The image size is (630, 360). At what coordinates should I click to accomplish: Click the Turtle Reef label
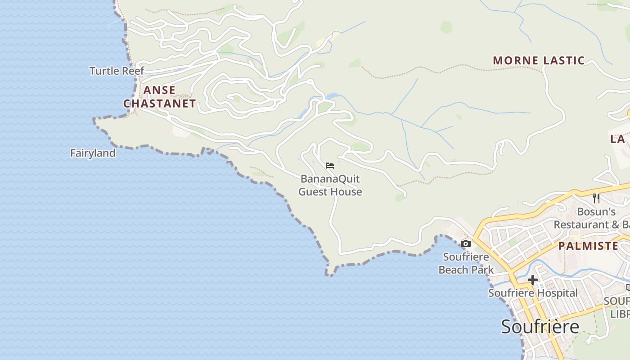coord(117,71)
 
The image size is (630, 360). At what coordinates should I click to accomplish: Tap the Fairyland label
coord(93,153)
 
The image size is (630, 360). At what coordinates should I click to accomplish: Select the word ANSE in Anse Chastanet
coord(159,90)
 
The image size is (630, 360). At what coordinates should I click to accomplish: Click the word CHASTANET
coord(160,104)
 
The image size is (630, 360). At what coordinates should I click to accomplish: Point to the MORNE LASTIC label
coord(539,61)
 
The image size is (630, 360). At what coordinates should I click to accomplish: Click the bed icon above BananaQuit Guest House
coord(330,166)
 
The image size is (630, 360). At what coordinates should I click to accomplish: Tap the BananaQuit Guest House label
coord(330,185)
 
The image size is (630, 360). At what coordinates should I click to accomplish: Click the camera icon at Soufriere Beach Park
coord(466,244)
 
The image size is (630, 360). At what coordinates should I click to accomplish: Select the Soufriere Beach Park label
coord(466,264)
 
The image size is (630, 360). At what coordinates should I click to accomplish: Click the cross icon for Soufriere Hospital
coord(532,280)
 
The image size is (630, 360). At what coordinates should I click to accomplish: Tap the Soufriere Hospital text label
coord(533,293)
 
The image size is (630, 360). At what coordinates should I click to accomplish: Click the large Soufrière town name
coord(540,327)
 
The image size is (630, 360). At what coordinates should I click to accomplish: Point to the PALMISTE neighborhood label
coord(588,246)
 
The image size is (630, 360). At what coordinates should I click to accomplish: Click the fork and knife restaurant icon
coord(596,198)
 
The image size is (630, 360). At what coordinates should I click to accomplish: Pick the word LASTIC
coord(564,61)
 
